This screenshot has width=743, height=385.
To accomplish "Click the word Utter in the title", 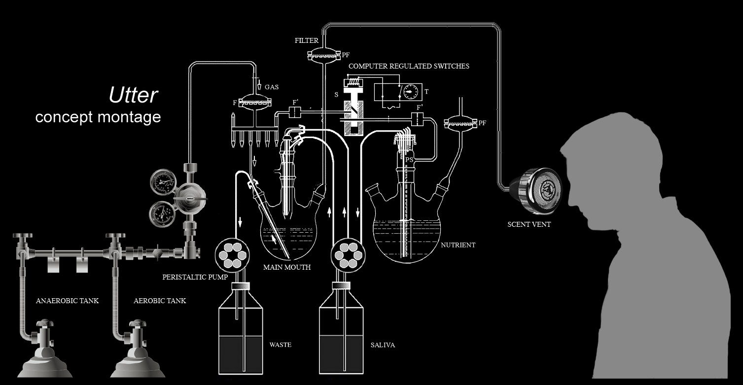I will tap(133, 95).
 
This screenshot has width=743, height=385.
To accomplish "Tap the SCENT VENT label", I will tap(529, 224).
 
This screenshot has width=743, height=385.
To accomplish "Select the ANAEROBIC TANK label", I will tap(67, 301).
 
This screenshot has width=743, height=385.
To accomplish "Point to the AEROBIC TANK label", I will tap(160, 301).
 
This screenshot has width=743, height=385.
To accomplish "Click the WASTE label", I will tap(280, 345).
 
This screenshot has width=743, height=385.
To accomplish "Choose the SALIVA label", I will tap(383, 345).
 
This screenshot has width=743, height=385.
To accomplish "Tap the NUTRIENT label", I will tap(458, 245).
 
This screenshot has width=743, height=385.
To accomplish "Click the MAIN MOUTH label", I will tap(286, 268).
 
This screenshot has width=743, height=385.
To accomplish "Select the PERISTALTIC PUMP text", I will tap(195, 277).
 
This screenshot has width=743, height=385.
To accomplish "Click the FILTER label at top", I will tap(307, 40).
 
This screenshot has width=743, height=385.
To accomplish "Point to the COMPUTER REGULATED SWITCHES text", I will tap(409, 66).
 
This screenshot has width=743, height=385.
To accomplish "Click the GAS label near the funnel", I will tap(271, 87).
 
